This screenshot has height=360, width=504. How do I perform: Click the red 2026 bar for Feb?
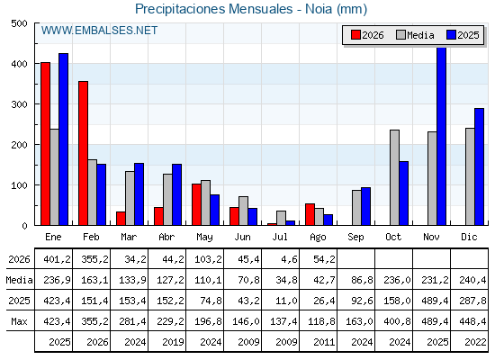83,153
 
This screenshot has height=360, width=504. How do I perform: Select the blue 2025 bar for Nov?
442,136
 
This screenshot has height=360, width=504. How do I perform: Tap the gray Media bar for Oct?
395,178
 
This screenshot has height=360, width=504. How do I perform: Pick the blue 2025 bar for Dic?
479,166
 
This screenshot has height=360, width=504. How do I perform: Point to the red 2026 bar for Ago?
310,214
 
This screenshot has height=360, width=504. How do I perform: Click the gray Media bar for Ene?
55,177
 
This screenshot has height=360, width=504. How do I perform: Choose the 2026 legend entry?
367,35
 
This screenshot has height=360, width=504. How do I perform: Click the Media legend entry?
415,35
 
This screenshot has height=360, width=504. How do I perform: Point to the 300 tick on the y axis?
37,104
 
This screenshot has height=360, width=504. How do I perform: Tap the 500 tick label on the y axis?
19,23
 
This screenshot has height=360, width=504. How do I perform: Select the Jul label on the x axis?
280,238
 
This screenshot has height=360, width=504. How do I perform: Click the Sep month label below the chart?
355,238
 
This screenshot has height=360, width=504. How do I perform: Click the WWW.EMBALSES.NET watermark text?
99,31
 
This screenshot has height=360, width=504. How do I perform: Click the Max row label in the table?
19,321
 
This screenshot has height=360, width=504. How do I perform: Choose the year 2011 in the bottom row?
324,342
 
